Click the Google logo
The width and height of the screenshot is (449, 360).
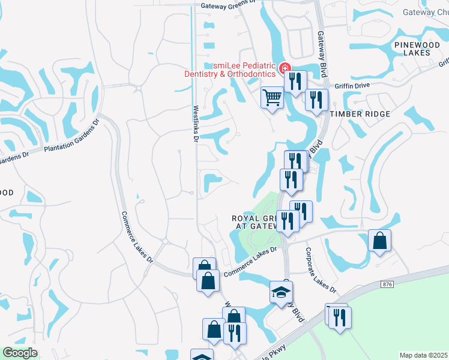[x=20, y=353]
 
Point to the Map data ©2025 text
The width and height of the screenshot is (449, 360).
[x=423, y=355]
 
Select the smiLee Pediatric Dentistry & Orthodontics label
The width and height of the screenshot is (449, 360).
[x=230, y=69]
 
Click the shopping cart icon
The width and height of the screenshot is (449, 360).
[x=273, y=96]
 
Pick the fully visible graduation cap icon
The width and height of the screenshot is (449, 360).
[x=281, y=292]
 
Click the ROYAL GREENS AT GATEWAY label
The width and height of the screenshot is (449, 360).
[x=255, y=222]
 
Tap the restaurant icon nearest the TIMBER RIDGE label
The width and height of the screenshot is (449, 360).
[x=316, y=99]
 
